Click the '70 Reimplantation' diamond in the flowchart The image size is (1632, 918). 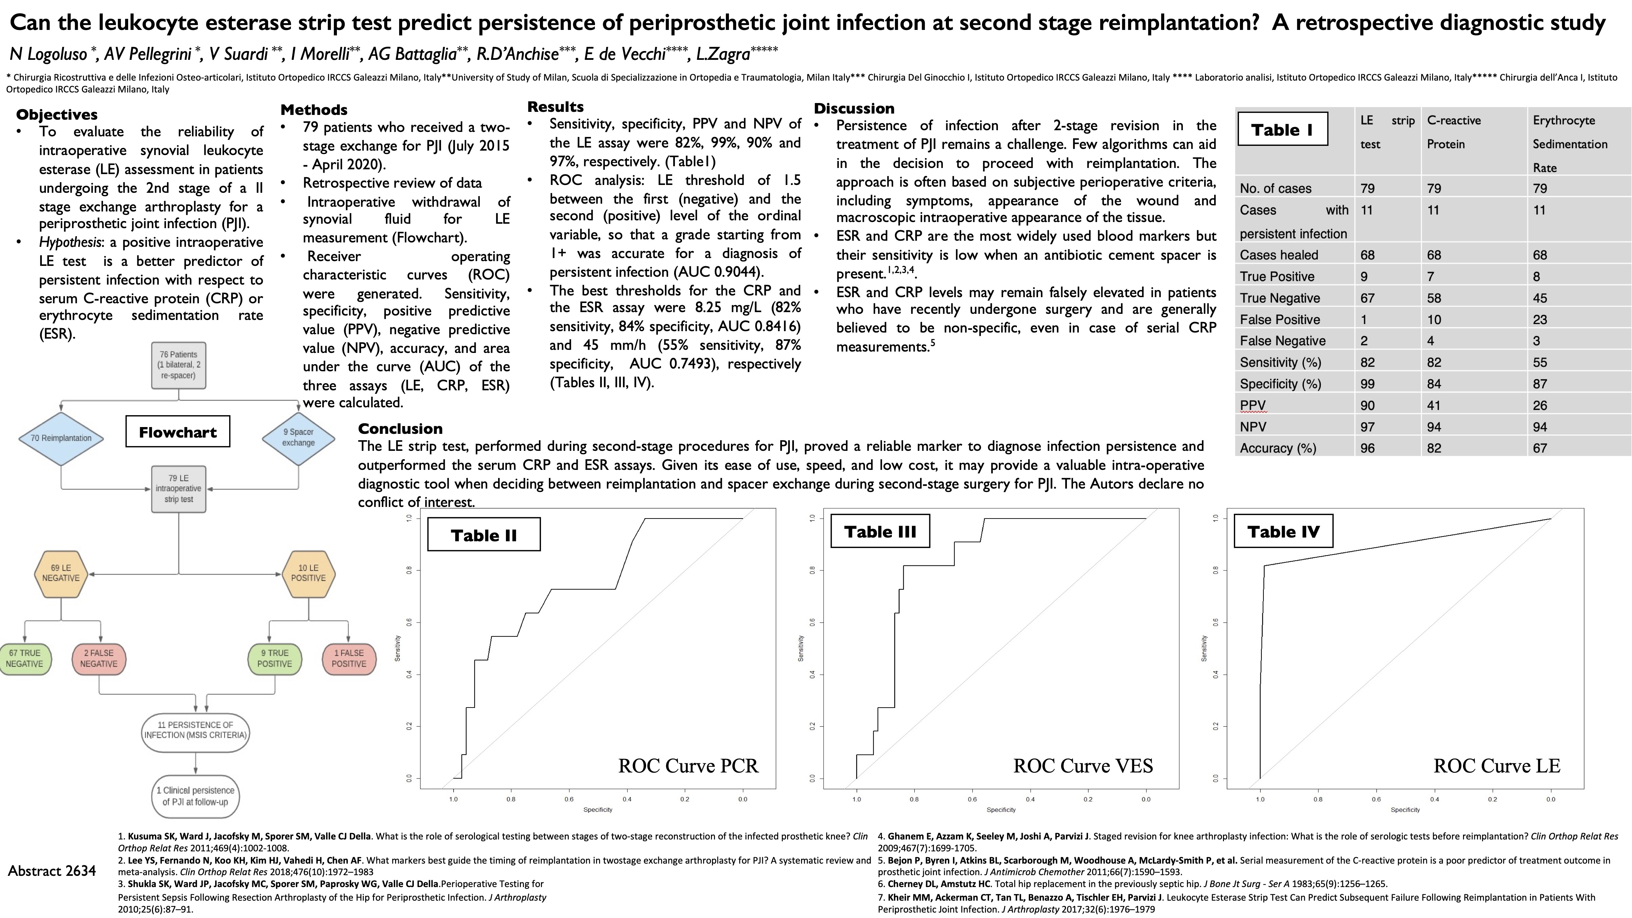(61, 438)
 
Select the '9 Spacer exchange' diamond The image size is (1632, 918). (299, 438)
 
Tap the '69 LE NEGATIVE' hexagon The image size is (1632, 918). (61, 573)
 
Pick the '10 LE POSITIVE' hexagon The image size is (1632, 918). (308, 573)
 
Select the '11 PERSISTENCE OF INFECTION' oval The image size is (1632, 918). (196, 730)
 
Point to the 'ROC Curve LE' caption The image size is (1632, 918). (1496, 766)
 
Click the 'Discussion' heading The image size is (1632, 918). (854, 108)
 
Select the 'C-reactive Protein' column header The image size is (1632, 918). (1454, 132)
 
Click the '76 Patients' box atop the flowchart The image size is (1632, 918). (178, 365)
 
